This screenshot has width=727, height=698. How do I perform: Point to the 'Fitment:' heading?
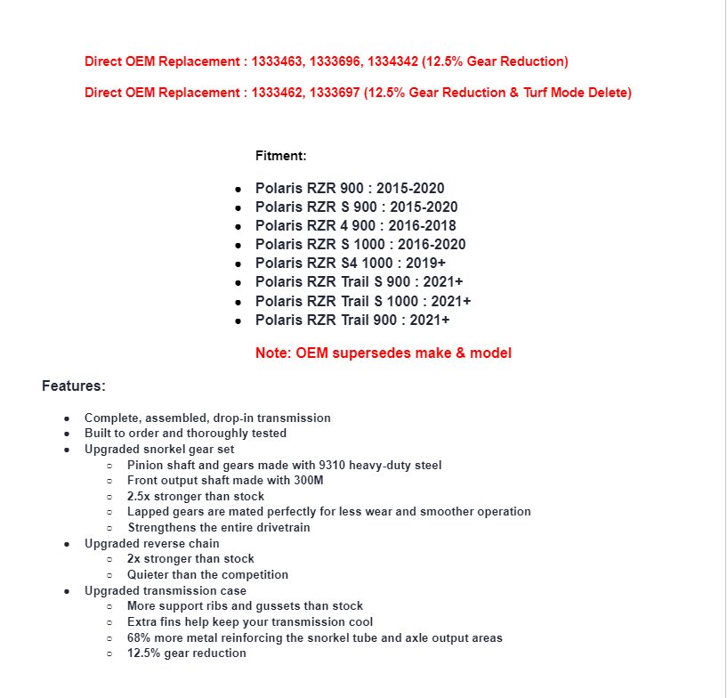pyautogui.click(x=280, y=156)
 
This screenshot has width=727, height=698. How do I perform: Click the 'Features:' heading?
pyautogui.click(x=74, y=386)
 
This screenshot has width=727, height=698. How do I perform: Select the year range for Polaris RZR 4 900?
pyautogui.click(x=422, y=225)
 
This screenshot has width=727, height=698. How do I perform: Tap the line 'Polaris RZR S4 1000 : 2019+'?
pyautogui.click(x=351, y=263)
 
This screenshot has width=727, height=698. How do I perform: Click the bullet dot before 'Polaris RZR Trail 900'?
pyautogui.click(x=238, y=321)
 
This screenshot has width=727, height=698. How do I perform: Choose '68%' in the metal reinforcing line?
pyautogui.click(x=140, y=637)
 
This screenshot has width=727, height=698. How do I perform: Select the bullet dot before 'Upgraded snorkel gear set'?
pyautogui.click(x=67, y=450)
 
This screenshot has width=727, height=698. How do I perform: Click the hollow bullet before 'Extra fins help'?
pyautogui.click(x=109, y=622)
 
